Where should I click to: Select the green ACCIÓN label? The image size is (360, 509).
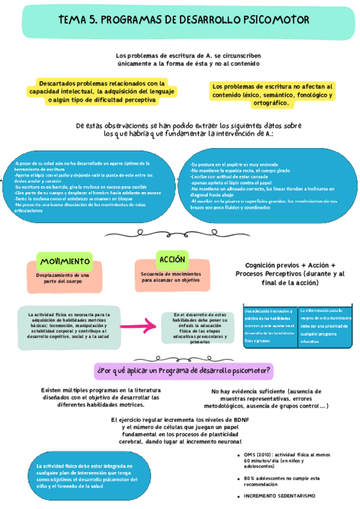tap(172, 259)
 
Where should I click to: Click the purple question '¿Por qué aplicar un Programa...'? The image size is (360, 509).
tap(184, 370)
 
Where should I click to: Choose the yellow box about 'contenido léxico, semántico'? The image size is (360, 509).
tap(273, 95)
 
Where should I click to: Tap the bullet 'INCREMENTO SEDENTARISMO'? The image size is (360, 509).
tap(279, 496)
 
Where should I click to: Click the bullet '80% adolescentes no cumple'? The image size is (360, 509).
tap(281, 481)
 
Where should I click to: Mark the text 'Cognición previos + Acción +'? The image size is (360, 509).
tap(290, 265)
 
